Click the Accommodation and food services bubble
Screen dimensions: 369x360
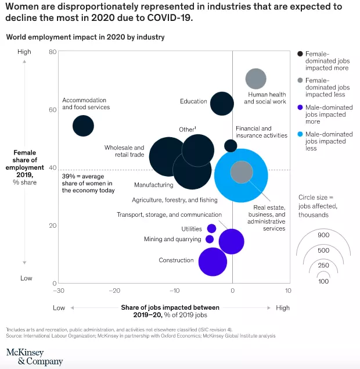[x=83, y=126]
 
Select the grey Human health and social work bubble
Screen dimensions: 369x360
[x=255, y=79]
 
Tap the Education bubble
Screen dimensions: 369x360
[x=222, y=104]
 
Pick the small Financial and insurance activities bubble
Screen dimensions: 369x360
[x=231, y=146]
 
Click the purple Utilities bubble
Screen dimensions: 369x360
[x=211, y=228]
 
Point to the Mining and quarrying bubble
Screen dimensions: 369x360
[x=210, y=239]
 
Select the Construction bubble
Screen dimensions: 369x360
[x=213, y=261]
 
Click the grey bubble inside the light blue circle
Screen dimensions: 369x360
[x=242, y=172]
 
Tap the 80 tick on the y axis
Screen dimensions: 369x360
[x=52, y=52]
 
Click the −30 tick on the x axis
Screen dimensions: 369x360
[x=58, y=290]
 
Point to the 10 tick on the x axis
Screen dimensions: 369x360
[x=287, y=290]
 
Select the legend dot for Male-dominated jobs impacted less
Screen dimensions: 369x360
[x=300, y=134]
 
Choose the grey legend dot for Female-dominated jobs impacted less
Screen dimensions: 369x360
[x=300, y=80]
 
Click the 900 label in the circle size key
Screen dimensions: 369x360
[x=323, y=235]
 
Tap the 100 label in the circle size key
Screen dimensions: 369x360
[x=323, y=281]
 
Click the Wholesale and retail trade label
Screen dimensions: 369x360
[x=124, y=151]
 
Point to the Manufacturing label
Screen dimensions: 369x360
[x=153, y=185]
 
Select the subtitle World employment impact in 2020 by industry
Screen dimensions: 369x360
[x=85, y=37]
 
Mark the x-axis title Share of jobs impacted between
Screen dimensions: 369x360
[x=170, y=307]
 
